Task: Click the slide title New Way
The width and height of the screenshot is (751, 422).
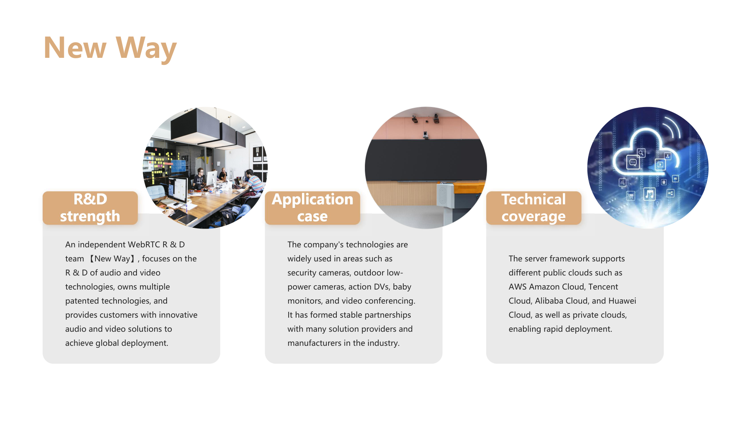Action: [110, 48]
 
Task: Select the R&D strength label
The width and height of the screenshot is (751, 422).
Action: [90, 208]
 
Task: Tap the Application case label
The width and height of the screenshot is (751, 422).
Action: [312, 208]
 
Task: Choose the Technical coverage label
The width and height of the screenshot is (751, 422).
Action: [534, 208]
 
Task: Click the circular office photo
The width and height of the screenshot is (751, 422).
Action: [205, 168]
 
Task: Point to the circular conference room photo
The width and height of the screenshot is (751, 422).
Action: [426, 168]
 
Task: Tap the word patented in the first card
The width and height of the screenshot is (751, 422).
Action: [82, 301]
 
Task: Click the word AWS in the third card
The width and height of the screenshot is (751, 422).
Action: [517, 287]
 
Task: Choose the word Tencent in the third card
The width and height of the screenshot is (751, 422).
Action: [603, 287]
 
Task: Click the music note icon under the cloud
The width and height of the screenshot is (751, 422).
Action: [649, 194]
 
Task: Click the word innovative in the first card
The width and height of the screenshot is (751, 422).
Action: [178, 315]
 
